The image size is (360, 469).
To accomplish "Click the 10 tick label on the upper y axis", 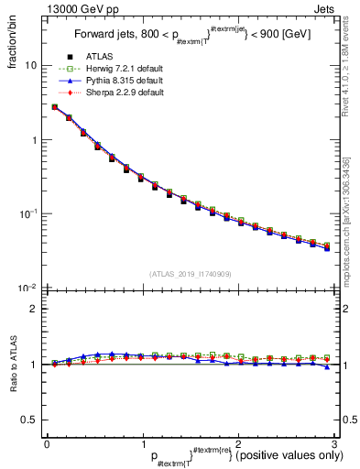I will pyautogui.click(x=32, y=66).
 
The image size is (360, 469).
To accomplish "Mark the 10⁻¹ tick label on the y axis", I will pyautogui.click(x=29, y=213).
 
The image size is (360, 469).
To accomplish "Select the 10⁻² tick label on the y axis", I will pyautogui.click(x=29, y=288).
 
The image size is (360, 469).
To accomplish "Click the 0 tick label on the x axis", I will pyautogui.click(x=47, y=443).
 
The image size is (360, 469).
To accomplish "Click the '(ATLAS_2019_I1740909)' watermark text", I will pyautogui.click(x=190, y=274).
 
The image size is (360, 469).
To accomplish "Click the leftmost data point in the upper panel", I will pyautogui.click(x=55, y=106).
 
